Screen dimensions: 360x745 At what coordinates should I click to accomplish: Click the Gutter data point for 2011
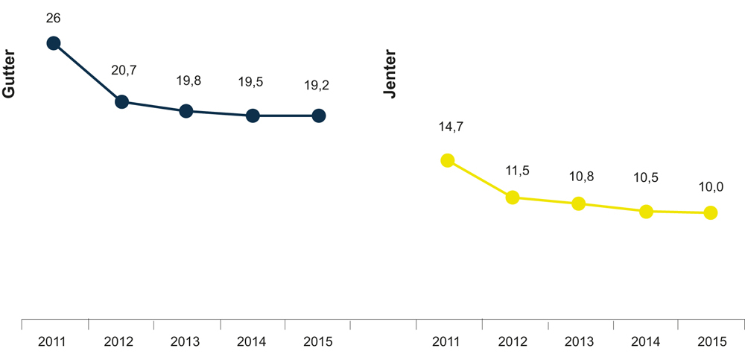pyautogui.click(x=54, y=43)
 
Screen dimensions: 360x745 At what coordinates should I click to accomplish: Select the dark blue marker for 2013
pyautogui.click(x=186, y=111)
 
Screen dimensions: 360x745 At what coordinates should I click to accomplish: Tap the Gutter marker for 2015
pyautogui.click(x=318, y=116)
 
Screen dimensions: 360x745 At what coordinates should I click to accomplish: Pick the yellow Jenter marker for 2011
pyautogui.click(x=447, y=160)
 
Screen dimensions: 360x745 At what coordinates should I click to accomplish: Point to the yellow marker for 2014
pyautogui.click(x=646, y=212)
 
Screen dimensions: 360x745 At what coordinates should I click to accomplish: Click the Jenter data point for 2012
pyautogui.click(x=513, y=198)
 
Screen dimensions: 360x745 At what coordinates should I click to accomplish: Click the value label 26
pyautogui.click(x=54, y=16)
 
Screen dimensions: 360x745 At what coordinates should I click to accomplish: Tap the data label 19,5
pyautogui.click(x=250, y=83)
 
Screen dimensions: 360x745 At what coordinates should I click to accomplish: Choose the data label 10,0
pyautogui.click(x=711, y=186)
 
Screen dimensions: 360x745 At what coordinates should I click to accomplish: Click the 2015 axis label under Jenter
pyautogui.click(x=711, y=342)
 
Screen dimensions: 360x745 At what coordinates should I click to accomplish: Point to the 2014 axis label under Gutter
pyautogui.click(x=252, y=342)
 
